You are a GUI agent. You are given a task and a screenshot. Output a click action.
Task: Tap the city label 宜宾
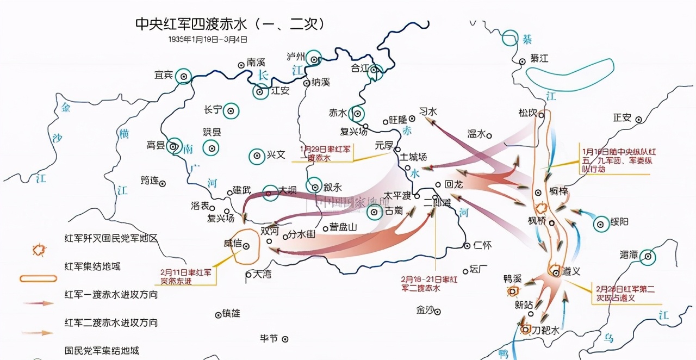pos(164,75)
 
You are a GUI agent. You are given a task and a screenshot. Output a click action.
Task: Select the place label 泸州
pos(296,56)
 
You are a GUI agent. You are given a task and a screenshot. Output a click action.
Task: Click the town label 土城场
pos(413,157)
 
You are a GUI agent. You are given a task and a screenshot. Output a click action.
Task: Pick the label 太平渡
pos(397,195)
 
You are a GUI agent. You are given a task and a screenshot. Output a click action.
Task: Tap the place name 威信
pos(233,243)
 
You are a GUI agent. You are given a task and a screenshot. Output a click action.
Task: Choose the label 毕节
pos(269,338)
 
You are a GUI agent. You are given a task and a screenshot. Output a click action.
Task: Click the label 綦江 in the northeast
pos(540,60)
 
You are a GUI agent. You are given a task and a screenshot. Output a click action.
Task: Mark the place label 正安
pos(622,117)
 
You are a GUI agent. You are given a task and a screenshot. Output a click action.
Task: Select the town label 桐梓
pos(558,191)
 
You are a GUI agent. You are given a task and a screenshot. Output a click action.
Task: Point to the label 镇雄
pos(231,313)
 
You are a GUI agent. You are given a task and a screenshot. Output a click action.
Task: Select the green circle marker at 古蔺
pos(374,213)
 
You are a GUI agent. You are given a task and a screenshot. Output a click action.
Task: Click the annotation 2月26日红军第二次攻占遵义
pos(625,294)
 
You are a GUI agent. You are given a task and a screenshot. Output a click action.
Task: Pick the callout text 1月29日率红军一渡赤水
pos(326,152)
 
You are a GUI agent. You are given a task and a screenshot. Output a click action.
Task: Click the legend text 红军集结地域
pos(92,266)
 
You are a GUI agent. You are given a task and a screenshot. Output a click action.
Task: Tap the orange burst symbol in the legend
pos(38,250)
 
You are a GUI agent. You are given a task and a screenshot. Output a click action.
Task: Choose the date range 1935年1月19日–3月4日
pos(208,39)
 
